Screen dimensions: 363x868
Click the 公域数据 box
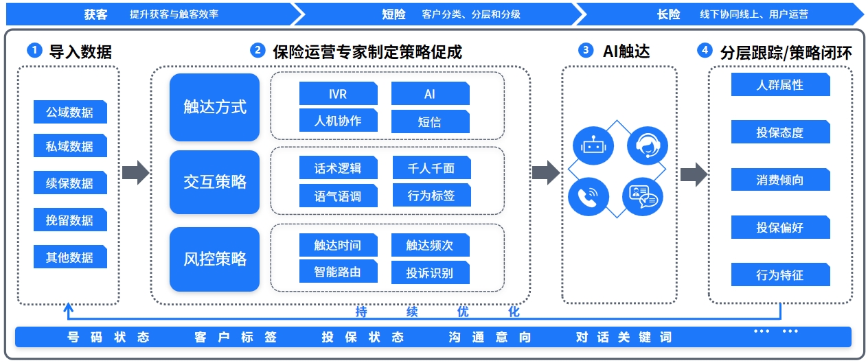point(70,112)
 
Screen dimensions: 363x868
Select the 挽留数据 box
point(70,220)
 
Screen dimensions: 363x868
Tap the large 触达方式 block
point(214,107)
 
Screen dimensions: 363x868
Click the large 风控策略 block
point(214,259)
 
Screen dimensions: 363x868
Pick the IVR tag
point(338,94)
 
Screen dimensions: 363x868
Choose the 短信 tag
point(430,121)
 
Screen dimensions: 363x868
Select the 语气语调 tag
point(338,196)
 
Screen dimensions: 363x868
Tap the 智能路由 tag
point(338,272)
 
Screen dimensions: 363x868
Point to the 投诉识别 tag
point(430,272)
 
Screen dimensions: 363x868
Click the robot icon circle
point(592,145)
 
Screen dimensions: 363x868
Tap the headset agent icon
point(647,145)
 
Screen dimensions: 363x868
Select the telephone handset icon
point(588,198)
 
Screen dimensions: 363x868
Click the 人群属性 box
point(780,85)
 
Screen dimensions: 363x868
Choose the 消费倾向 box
point(780,180)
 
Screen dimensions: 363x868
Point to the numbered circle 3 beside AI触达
point(586,50)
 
